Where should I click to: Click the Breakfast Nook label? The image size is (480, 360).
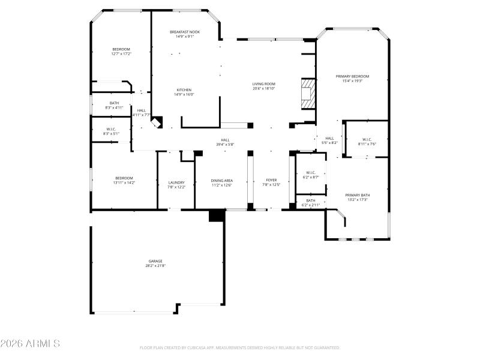[x=184, y=32]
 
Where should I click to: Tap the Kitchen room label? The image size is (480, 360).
[x=184, y=90]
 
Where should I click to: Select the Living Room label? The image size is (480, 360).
[x=263, y=84]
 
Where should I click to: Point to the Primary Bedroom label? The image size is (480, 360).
[x=352, y=76]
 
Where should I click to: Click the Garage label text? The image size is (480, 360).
[x=155, y=261]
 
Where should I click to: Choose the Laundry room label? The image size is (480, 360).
[x=176, y=182]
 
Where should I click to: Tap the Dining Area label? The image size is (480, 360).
[x=221, y=181]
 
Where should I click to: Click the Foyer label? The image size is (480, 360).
[x=271, y=181]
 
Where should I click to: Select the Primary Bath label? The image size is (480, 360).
[x=357, y=195]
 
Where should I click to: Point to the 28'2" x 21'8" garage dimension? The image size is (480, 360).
[x=155, y=265]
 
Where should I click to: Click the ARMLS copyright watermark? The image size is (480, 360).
[x=30, y=344]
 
